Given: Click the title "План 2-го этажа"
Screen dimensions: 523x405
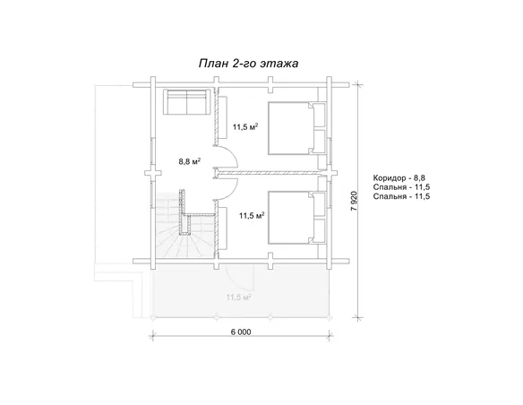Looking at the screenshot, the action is (x=248, y=64).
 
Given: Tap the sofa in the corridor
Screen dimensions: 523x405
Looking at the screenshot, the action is (x=187, y=102).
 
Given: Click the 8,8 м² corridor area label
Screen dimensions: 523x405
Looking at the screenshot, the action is (x=190, y=161).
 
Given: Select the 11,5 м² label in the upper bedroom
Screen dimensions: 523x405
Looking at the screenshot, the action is (x=245, y=126).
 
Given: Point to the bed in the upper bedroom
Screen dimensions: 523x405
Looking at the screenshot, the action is (x=296, y=128).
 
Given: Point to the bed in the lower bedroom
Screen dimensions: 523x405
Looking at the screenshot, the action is (x=296, y=218).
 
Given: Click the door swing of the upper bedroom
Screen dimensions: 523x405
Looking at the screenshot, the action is (x=227, y=157).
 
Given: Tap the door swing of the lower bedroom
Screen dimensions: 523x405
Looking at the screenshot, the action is (x=227, y=189).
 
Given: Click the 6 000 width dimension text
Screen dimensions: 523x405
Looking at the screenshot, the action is (x=241, y=332).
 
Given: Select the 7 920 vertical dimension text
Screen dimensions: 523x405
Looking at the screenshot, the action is (x=354, y=201).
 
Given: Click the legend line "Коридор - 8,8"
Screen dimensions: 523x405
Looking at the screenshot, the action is (x=399, y=177).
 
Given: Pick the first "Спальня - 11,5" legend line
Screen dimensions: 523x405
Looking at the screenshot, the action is (x=401, y=187).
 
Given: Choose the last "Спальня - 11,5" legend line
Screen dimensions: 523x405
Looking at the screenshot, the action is (x=401, y=196).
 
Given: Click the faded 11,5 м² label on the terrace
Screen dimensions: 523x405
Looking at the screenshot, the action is (x=239, y=297).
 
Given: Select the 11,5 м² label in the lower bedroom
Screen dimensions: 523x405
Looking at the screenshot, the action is (x=252, y=216).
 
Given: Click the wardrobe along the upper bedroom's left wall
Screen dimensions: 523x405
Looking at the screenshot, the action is (x=223, y=117).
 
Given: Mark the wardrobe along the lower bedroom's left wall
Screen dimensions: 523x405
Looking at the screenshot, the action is (x=223, y=228).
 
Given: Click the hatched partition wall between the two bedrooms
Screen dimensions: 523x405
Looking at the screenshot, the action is (x=267, y=173).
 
